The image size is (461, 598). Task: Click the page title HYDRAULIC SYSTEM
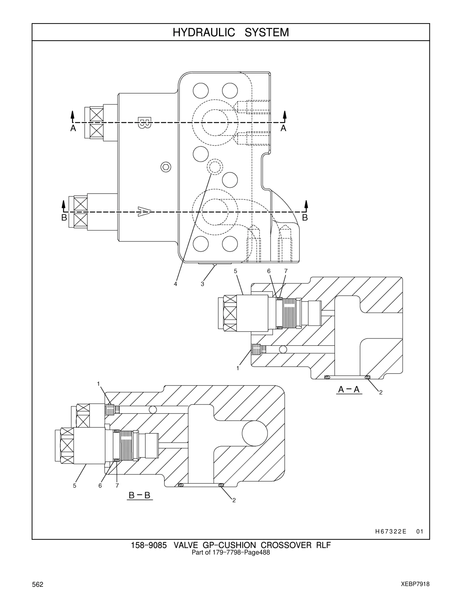tap(231, 33)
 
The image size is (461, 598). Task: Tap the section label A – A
tap(349, 390)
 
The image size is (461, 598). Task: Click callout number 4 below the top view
tap(176, 284)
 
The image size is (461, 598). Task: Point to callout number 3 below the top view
tap(202, 284)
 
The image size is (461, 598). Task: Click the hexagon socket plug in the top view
tap(166, 167)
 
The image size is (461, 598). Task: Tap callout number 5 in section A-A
tap(236, 271)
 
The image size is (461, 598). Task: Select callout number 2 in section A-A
tap(381, 393)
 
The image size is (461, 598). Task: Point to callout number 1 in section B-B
tap(99, 383)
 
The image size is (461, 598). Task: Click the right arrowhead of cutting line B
tap(306, 204)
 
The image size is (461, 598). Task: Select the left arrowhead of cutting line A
tap(72, 115)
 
